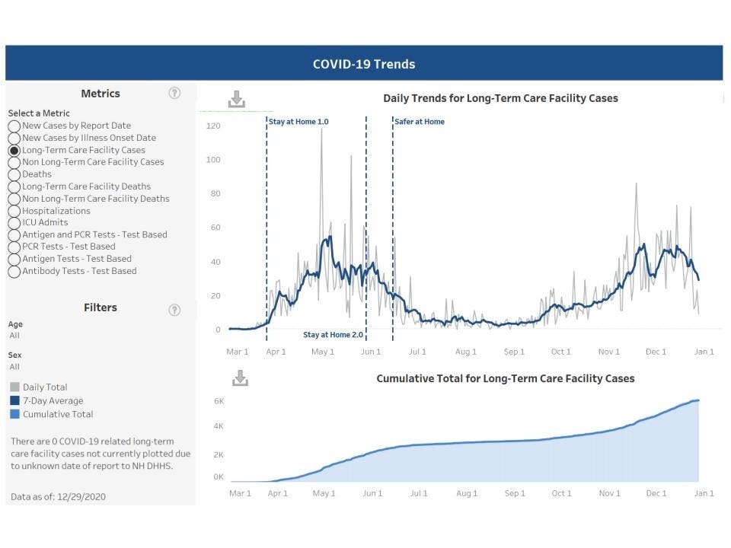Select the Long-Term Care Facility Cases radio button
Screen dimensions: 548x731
coord(14,151)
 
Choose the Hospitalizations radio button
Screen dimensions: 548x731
coord(14,211)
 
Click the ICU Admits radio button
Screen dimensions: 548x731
coord(14,223)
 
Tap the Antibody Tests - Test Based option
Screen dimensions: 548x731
coord(14,271)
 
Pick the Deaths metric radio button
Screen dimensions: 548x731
coord(14,174)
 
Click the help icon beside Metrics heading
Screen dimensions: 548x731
coord(174,93)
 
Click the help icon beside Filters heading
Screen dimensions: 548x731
coord(174,309)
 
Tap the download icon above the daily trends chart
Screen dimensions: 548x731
coord(237,99)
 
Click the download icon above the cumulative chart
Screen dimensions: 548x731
coord(240,378)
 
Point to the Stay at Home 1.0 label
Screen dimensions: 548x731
coord(298,122)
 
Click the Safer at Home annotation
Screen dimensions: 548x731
coord(420,122)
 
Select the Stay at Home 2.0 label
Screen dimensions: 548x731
coord(334,335)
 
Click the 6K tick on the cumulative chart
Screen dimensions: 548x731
coord(218,400)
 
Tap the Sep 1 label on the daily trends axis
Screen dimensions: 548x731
coord(514,352)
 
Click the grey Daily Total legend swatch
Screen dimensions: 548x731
coord(14,387)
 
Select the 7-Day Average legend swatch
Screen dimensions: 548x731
coord(14,401)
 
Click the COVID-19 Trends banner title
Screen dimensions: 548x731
coord(364,64)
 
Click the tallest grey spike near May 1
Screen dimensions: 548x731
coord(321,130)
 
